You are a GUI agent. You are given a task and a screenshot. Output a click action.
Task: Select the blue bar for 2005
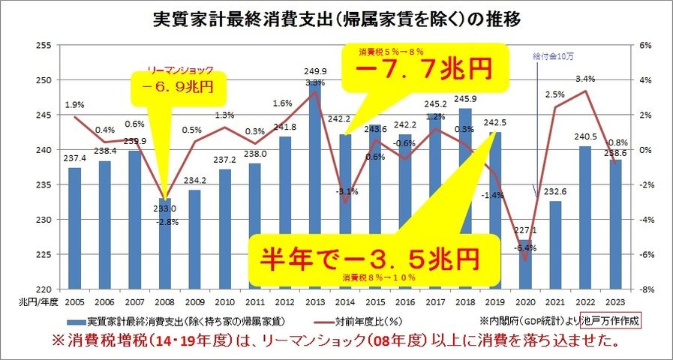(74, 228)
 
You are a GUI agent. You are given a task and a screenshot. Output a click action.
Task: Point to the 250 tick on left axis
(41, 80)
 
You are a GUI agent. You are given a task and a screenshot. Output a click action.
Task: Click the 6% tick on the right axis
(647, 45)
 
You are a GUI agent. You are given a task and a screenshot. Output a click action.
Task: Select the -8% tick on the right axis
(647, 289)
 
